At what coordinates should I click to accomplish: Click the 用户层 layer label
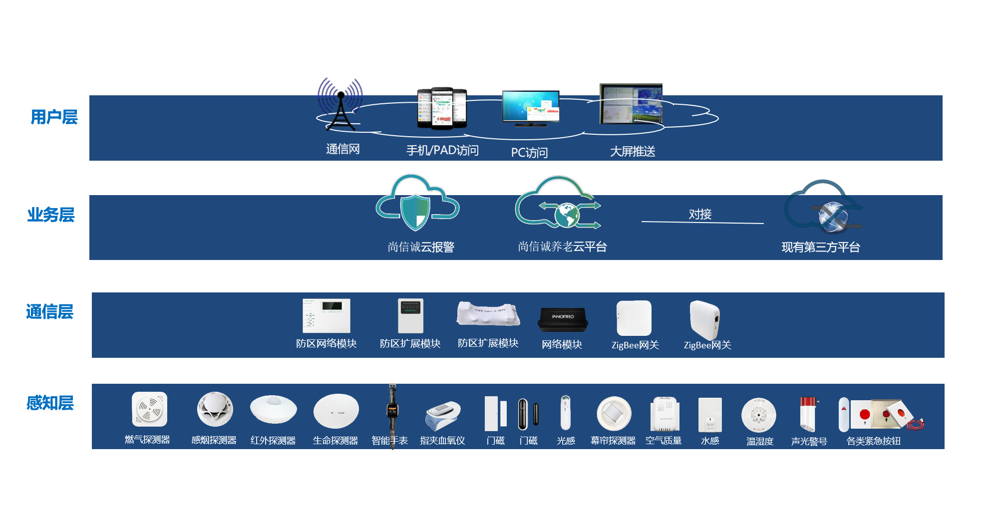click(x=54, y=117)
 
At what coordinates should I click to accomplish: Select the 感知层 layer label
click(x=50, y=403)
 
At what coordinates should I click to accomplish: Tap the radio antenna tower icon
click(x=340, y=105)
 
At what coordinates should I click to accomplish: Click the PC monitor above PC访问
click(x=530, y=107)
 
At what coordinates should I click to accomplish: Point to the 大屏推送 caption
click(x=632, y=152)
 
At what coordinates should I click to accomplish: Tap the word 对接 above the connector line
click(x=700, y=214)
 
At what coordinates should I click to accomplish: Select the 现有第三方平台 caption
click(x=820, y=247)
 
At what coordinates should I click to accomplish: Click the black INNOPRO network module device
click(x=563, y=319)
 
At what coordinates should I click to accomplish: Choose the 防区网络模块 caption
click(x=326, y=343)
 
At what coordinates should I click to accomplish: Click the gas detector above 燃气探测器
click(x=149, y=409)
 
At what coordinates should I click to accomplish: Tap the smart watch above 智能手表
click(x=392, y=411)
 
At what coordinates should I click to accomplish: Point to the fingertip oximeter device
click(x=442, y=416)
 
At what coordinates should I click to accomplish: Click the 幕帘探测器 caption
click(x=613, y=441)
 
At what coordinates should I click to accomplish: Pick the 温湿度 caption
click(x=759, y=441)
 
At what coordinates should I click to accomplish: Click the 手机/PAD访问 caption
click(x=442, y=150)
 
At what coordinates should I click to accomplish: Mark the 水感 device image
click(x=709, y=414)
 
